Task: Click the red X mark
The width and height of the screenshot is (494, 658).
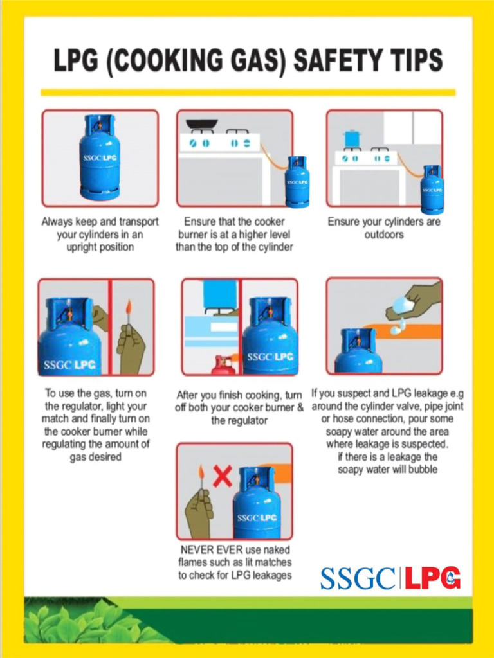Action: (x=222, y=476)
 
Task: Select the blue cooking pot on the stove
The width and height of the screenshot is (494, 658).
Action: (x=352, y=138)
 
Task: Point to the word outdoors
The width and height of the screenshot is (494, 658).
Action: (x=384, y=235)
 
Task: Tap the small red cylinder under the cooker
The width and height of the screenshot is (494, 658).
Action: (x=223, y=366)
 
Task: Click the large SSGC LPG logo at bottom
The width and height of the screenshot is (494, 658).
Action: (x=390, y=578)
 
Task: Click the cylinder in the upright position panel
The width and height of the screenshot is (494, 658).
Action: (x=100, y=157)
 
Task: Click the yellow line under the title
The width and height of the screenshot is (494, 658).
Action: (x=248, y=92)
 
